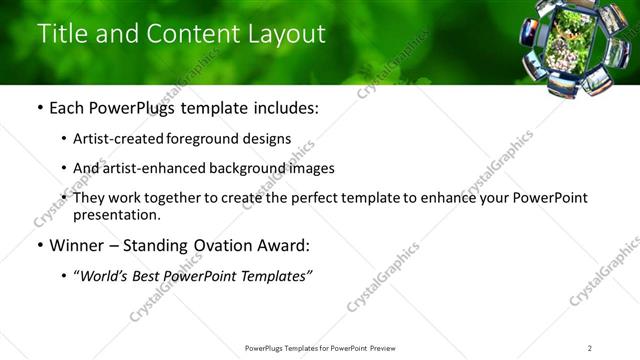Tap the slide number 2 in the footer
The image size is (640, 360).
pos(590,348)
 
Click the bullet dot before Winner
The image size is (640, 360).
pos(39,245)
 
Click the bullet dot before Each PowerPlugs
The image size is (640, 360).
pos(39,108)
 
